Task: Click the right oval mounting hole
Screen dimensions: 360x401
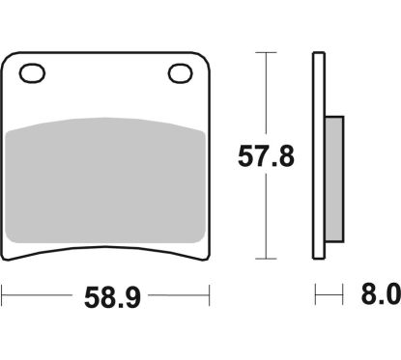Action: point(180,71)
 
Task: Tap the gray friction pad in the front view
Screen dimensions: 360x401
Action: point(107,180)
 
